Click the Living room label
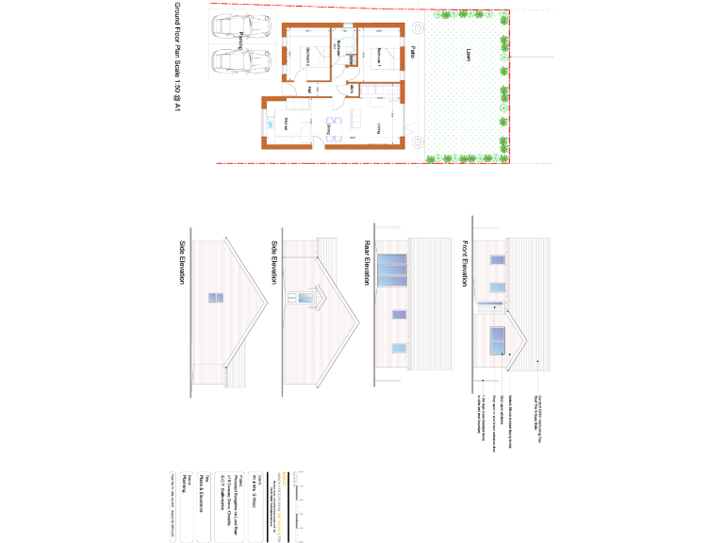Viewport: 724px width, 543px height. [x=380, y=127]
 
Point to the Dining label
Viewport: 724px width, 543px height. [x=328, y=127]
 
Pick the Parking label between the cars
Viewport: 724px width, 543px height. [x=240, y=41]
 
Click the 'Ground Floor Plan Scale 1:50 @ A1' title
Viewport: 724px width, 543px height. [x=176, y=57]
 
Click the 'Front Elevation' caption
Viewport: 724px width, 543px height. [x=464, y=262]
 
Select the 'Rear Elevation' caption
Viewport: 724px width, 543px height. [x=365, y=262]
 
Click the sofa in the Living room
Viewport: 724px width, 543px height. [x=356, y=118]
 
